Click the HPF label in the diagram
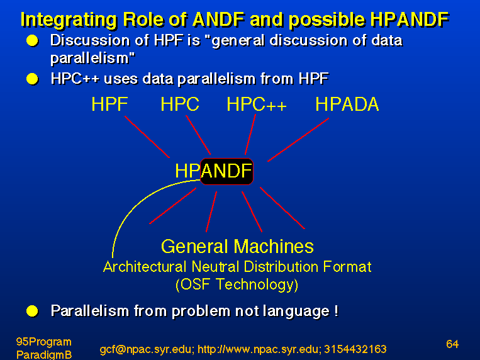109,104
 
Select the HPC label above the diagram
180,104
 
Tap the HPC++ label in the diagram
257,104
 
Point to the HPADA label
347,104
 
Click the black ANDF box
226,171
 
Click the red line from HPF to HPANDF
147,137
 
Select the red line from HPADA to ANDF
298,139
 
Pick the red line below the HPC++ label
250,134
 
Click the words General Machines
237,246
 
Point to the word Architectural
145,267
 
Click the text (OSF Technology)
237,284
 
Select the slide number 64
452,344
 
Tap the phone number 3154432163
355,349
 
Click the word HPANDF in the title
410,20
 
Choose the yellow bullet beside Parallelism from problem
32,311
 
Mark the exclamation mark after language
336,311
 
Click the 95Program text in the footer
44,342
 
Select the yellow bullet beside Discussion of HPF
32,40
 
